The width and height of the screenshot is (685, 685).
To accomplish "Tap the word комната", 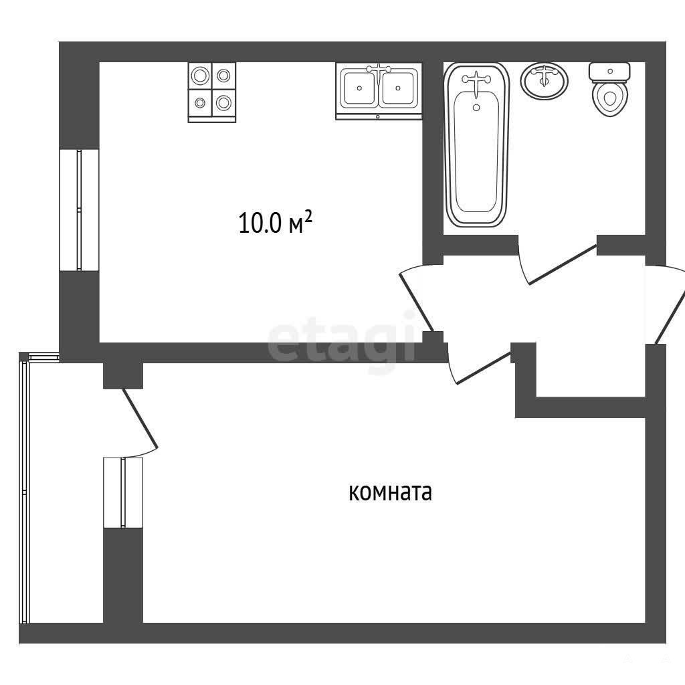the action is (x=390, y=492).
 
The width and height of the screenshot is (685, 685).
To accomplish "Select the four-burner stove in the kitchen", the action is (x=212, y=92).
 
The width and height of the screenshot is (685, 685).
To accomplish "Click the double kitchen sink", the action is (x=379, y=91).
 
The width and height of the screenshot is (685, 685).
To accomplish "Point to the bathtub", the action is (x=476, y=145).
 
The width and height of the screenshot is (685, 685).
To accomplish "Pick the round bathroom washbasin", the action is (x=544, y=81).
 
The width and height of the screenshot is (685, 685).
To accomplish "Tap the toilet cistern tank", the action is (x=610, y=72).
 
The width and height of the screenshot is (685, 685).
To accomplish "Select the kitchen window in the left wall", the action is (x=79, y=210).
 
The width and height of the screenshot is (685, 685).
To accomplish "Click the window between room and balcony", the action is (x=123, y=492).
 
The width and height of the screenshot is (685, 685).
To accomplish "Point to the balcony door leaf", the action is (x=139, y=419).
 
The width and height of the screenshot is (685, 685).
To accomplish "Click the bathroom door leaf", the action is (x=563, y=265).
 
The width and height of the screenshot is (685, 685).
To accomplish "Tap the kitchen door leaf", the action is (x=417, y=302).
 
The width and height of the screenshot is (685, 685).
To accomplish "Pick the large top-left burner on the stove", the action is (x=200, y=76).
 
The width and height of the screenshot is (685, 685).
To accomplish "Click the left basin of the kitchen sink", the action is (x=359, y=88).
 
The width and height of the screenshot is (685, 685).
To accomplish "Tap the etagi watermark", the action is (x=342, y=341).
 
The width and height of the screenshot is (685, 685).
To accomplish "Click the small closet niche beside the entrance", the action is (x=591, y=371).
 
